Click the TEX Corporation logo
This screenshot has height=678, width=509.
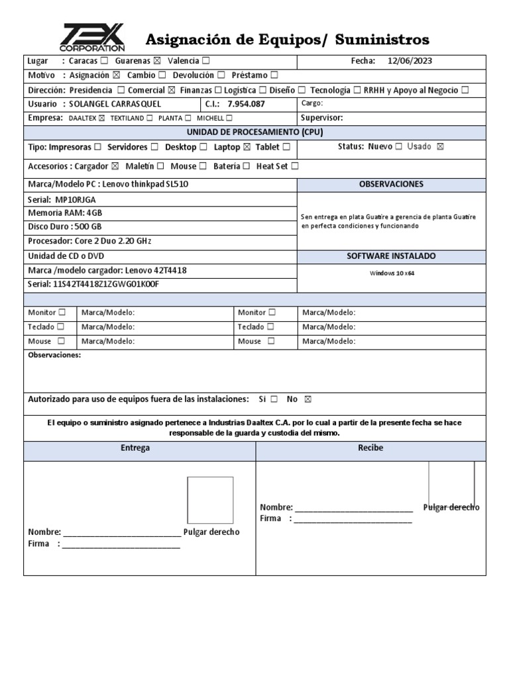click(x=92, y=38)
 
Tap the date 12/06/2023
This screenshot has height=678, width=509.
click(x=410, y=62)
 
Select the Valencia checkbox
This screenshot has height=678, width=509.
click(x=206, y=62)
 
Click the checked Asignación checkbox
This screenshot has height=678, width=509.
click(x=117, y=75)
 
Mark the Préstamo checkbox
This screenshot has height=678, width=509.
click(x=274, y=75)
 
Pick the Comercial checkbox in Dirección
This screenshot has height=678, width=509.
click(x=172, y=90)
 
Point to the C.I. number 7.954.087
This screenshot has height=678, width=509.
click(x=246, y=105)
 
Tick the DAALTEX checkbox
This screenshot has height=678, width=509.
click(x=101, y=119)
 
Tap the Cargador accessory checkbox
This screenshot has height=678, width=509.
click(x=115, y=166)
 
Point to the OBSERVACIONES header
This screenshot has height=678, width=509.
click(x=391, y=184)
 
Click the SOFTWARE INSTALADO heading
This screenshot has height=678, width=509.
click(x=391, y=256)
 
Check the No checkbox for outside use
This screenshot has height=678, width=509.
click(x=306, y=400)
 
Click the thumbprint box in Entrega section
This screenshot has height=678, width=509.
click(x=210, y=501)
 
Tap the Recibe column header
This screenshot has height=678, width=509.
click(x=370, y=448)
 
